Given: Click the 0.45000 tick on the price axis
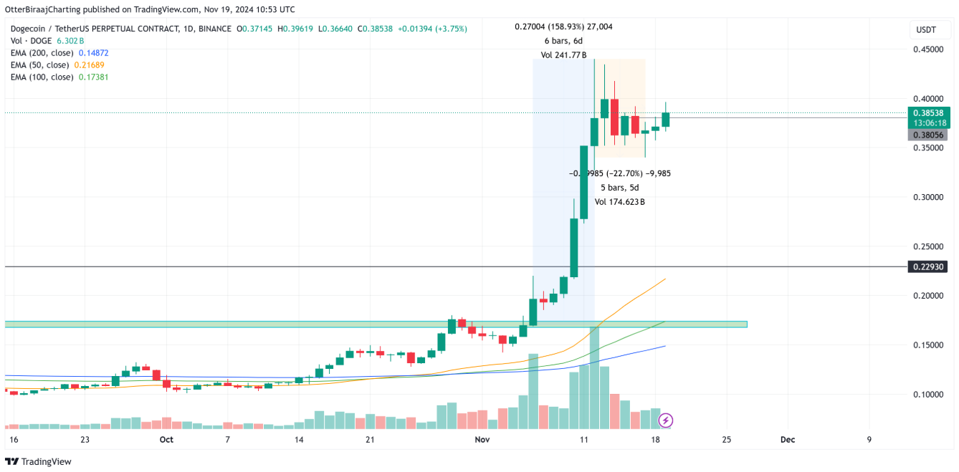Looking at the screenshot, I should coord(927,49).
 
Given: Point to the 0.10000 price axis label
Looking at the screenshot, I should coord(927,395).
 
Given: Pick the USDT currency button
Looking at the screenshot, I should coord(927,29).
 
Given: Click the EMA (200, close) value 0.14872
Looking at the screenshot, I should coord(93,53).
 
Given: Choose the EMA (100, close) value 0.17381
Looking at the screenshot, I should coord(93,77).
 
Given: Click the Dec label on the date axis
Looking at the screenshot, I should coord(787,440).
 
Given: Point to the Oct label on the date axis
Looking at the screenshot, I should coord(166,440).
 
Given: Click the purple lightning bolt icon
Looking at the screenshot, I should coord(666,420).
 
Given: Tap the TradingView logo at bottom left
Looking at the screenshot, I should coord(39,462).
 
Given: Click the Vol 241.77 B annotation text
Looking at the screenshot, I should coord(563,55).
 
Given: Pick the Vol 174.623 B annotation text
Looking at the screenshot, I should coord(619,202).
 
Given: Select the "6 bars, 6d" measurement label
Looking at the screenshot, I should coord(563,41).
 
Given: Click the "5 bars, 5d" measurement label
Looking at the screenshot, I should coord(619,188).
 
